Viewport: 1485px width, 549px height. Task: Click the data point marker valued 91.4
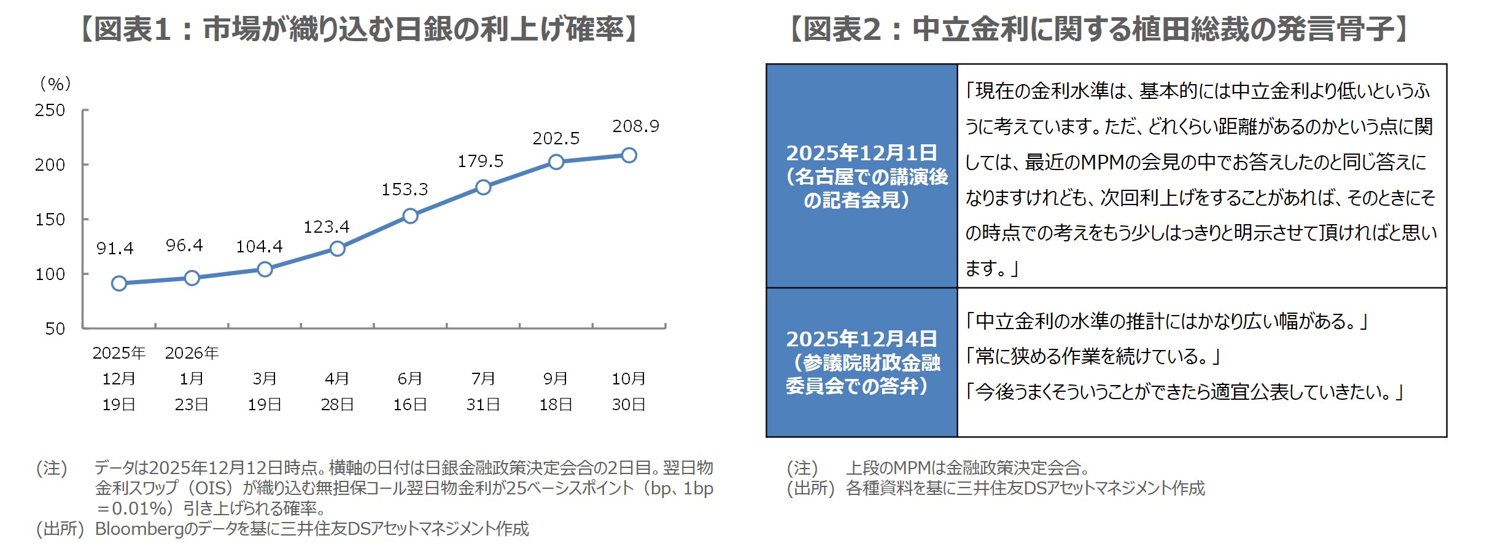click(x=119, y=283)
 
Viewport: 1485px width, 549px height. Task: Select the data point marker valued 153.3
click(x=410, y=216)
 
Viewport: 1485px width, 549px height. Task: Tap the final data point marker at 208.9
click(x=629, y=155)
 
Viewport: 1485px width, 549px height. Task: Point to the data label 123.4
click(x=326, y=227)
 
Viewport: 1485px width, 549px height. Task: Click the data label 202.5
click(x=556, y=139)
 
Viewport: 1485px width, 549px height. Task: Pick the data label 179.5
click(x=480, y=162)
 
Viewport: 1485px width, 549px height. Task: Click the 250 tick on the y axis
click(x=50, y=111)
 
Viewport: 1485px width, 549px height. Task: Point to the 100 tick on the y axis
click(x=50, y=274)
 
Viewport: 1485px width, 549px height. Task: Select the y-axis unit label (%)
click(x=55, y=84)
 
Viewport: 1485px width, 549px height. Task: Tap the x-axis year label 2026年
click(x=192, y=353)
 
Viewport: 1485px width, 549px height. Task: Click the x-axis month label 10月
click(x=629, y=379)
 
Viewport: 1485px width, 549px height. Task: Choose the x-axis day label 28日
click(x=337, y=405)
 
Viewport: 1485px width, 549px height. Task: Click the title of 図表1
click(x=359, y=29)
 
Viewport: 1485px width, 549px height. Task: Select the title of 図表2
click(x=1099, y=29)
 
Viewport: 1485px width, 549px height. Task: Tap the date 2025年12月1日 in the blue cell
click(x=861, y=153)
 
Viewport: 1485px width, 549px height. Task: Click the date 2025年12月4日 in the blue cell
click(x=861, y=339)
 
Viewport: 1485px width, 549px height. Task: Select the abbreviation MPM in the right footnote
click(x=912, y=468)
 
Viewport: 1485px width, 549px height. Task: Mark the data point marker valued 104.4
click(x=265, y=269)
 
